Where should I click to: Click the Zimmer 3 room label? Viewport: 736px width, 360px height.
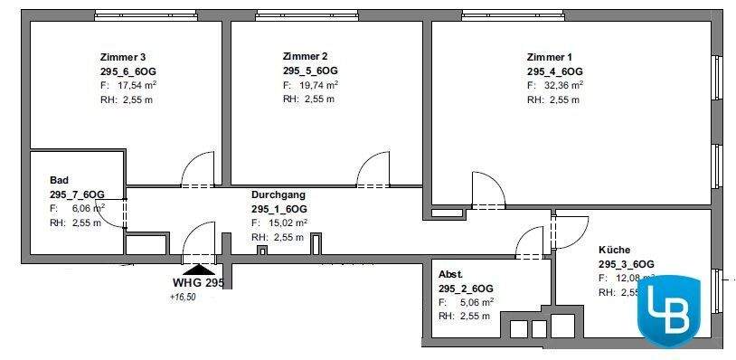123,56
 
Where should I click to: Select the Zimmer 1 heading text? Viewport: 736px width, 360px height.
550,56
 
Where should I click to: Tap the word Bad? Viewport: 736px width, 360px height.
59,180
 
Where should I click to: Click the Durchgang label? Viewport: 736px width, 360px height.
278,194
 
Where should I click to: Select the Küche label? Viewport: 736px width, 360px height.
614,250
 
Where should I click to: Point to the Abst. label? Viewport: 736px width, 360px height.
450,274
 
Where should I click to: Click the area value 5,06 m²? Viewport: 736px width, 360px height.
476,302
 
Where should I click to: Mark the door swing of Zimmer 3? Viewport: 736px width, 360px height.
197,170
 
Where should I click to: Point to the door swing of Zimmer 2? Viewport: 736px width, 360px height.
373,170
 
